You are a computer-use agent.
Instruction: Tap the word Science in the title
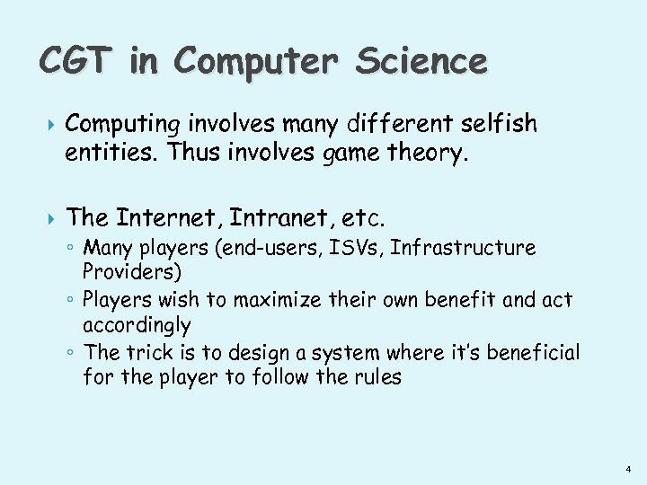tap(421, 61)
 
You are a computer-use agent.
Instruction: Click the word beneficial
tap(536, 353)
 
